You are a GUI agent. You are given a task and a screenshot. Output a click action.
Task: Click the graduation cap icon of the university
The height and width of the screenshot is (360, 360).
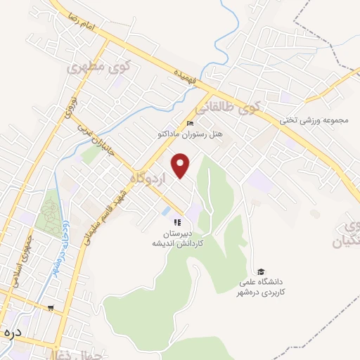click(260, 272)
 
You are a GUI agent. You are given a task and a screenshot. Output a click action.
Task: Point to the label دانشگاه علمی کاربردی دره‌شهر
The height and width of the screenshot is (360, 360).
click(260, 287)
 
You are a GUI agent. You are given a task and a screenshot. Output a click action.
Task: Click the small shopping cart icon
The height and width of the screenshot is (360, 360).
click(50, 308)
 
